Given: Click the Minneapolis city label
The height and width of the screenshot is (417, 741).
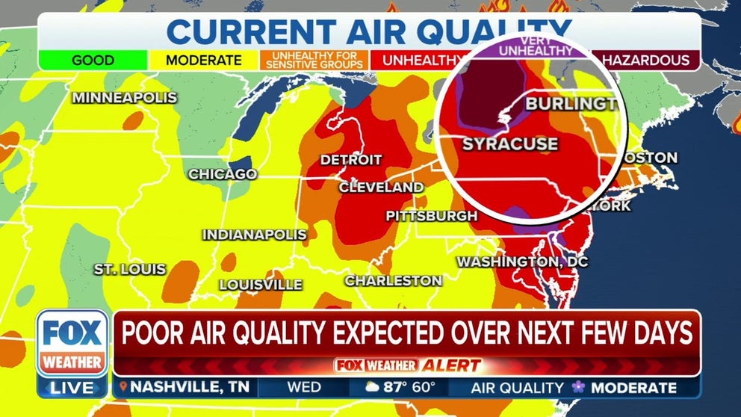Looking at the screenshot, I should click(x=125, y=98).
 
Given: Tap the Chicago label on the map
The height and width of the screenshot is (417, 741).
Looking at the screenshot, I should click(x=223, y=174).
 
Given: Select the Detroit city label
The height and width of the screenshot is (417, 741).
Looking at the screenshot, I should click(x=351, y=160).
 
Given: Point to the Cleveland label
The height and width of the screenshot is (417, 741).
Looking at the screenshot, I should click(x=382, y=188).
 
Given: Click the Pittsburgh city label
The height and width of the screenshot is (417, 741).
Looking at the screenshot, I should click(x=432, y=216).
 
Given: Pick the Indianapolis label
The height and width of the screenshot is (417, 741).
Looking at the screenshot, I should click(x=255, y=235).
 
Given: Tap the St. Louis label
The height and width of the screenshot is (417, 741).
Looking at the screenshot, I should click(x=130, y=269).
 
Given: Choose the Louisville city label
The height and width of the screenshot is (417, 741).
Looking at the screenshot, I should click(x=261, y=285).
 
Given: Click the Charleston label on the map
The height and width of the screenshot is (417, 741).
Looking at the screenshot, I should click(x=394, y=281).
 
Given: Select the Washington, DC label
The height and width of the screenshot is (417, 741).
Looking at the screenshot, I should click(x=522, y=262).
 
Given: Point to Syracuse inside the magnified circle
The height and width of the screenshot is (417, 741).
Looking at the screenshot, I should click(x=510, y=143).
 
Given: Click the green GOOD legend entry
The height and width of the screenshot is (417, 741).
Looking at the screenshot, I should click(x=93, y=61).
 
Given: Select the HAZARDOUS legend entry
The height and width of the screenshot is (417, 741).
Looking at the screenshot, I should click(x=645, y=61).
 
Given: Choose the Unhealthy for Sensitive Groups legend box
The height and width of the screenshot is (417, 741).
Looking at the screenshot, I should click(x=314, y=61).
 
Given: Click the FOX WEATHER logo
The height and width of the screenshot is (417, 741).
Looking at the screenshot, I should click(x=72, y=343).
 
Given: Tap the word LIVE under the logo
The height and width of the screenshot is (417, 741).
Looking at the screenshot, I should click(x=72, y=388).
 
